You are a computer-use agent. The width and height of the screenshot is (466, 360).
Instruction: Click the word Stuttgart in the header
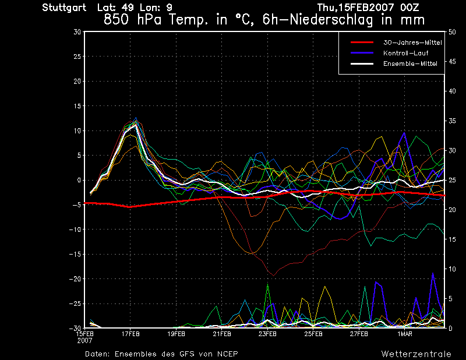tap(64, 8)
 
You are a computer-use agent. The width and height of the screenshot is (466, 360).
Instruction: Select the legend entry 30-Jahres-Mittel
tap(412, 43)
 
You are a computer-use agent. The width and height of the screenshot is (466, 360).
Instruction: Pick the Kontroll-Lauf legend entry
tap(406, 53)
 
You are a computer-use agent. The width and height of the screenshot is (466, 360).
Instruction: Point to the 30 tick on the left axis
tap(77, 32)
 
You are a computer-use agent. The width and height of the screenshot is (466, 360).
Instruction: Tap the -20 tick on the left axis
tap(76, 279)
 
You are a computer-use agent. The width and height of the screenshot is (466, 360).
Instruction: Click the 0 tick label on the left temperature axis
tap(79, 181)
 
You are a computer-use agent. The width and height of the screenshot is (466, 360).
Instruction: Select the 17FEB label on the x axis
tap(130, 334)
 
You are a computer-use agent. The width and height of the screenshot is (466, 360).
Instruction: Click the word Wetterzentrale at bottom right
tap(416, 354)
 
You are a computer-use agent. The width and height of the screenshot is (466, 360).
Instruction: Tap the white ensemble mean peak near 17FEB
tap(135, 124)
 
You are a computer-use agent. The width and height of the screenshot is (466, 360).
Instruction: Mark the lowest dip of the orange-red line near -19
tap(273, 275)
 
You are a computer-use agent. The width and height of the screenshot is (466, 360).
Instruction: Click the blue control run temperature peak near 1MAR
tap(404, 133)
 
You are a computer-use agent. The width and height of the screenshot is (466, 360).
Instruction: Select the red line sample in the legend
tap(361, 43)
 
